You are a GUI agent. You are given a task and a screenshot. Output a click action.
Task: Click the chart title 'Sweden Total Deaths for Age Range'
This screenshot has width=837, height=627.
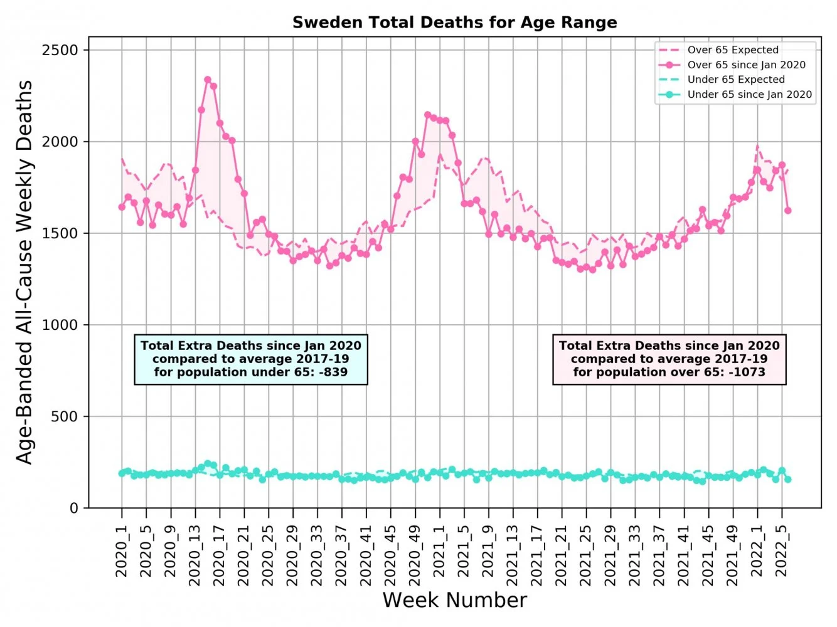point(454,23)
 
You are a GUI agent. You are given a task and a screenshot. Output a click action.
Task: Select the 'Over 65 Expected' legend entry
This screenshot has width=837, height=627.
point(732,50)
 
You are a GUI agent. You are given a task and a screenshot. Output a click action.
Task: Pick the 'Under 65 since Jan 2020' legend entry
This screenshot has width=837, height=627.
point(749,95)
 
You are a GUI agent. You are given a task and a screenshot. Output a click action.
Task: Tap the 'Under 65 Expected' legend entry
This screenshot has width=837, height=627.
point(735,80)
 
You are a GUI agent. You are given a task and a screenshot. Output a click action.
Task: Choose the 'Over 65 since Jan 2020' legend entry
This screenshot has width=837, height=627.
point(746,65)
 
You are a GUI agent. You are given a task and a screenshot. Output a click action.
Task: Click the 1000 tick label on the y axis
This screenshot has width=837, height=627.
point(60,325)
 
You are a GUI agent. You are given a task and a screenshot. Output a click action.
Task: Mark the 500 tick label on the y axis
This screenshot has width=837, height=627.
point(65,416)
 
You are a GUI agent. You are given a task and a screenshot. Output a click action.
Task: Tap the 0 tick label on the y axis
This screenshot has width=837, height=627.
point(73,508)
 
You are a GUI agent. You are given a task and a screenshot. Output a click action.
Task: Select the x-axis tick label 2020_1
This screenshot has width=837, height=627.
point(122,551)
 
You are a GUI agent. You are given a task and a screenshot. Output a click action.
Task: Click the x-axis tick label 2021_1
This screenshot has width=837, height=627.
point(440,551)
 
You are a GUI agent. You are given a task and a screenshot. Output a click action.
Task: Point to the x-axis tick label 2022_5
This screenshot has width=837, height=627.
point(782,551)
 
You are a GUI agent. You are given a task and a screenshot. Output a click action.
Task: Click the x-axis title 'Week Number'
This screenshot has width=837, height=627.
point(454,600)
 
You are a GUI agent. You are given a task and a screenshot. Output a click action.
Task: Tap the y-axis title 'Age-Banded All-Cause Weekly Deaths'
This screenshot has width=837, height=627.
point(24,272)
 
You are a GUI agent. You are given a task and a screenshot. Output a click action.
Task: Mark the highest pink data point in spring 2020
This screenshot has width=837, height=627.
point(208,80)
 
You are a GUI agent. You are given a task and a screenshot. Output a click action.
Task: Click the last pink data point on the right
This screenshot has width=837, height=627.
point(788,211)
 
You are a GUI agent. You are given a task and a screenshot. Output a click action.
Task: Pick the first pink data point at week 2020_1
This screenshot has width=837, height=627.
point(122,207)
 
